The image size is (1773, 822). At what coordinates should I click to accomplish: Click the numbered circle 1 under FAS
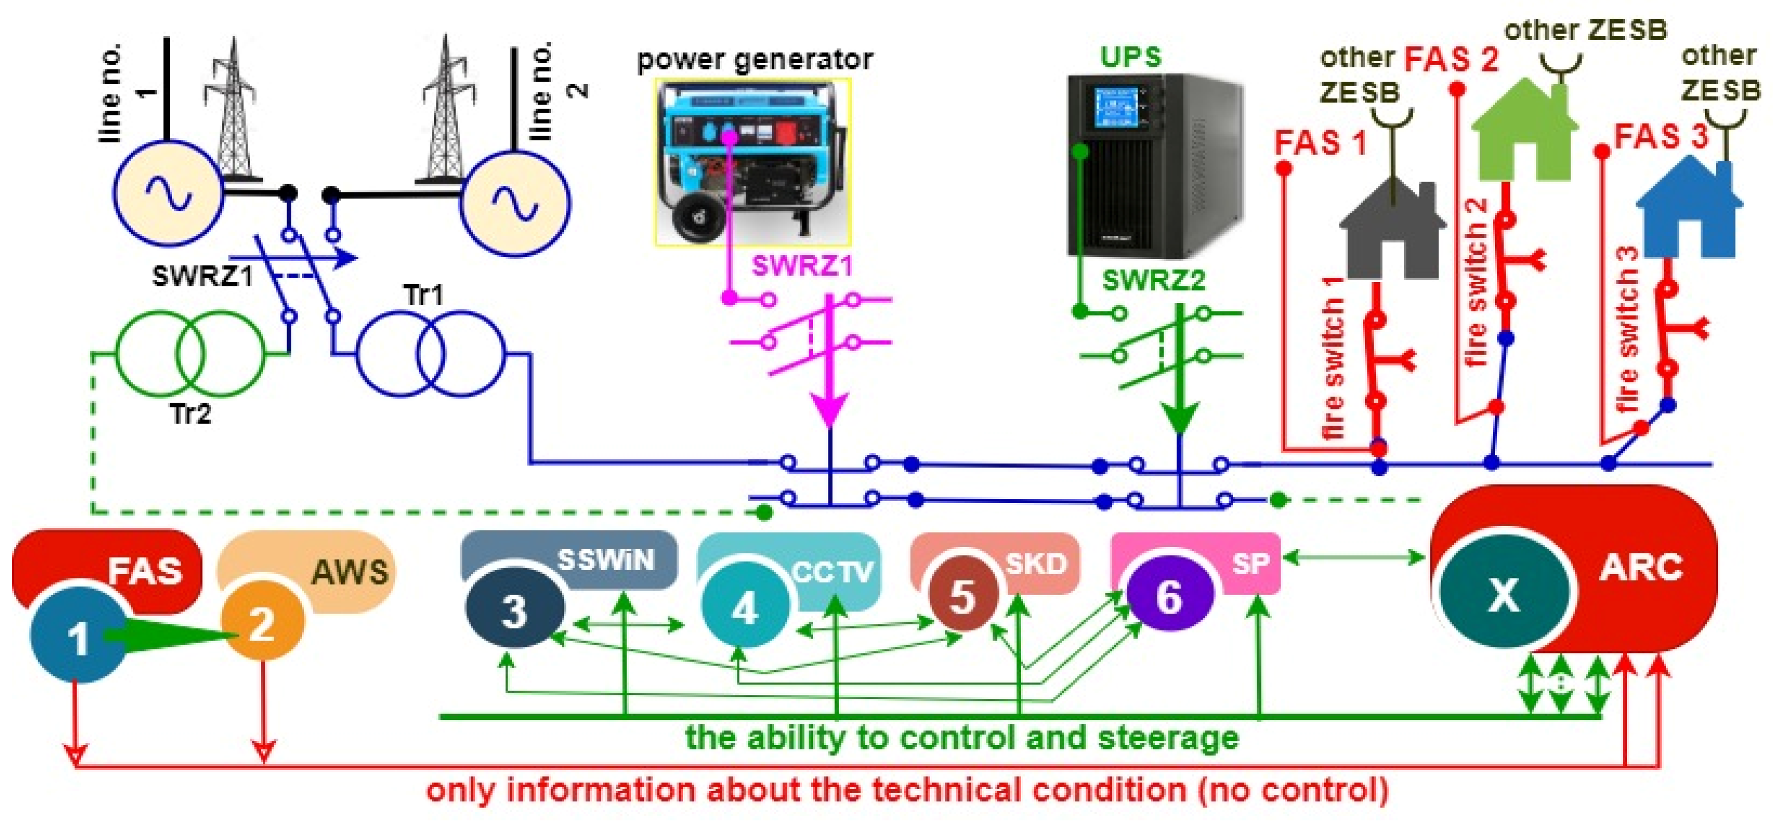(x=78, y=636)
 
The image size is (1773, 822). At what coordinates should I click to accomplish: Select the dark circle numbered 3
(x=514, y=608)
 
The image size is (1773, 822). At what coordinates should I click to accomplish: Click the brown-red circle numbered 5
(x=963, y=594)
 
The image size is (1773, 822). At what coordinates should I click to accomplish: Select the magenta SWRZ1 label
(x=802, y=265)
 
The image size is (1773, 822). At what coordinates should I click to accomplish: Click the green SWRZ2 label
(x=1153, y=280)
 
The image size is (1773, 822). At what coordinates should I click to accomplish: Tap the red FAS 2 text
(x=1451, y=59)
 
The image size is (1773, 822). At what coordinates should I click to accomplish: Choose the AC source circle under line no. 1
(x=167, y=193)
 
